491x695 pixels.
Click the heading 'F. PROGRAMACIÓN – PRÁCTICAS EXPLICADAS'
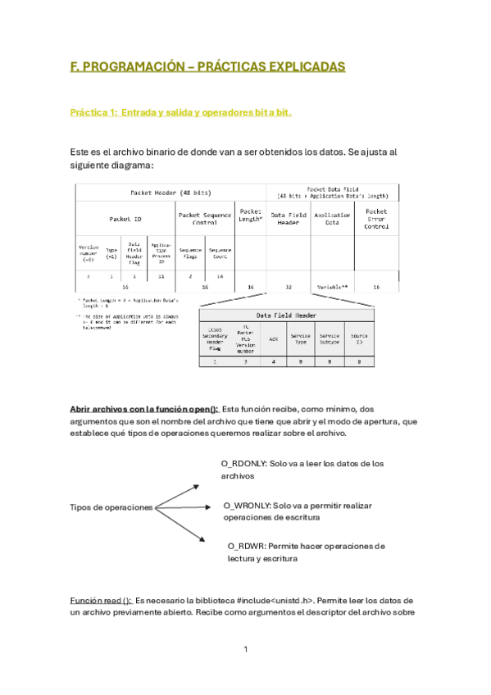207,67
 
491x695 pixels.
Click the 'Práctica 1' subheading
180,112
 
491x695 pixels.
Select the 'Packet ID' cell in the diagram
125,219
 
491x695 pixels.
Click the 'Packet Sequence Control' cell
204,218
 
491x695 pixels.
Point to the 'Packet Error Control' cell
376,218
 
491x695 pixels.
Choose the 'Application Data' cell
332,218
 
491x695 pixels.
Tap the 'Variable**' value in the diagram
332,287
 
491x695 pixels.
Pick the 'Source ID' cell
358,337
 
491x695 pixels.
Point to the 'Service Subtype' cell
330,337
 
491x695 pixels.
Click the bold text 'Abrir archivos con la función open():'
143,408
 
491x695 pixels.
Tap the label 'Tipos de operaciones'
111,507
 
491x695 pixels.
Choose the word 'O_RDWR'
244,545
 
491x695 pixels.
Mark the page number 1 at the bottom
245,650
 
